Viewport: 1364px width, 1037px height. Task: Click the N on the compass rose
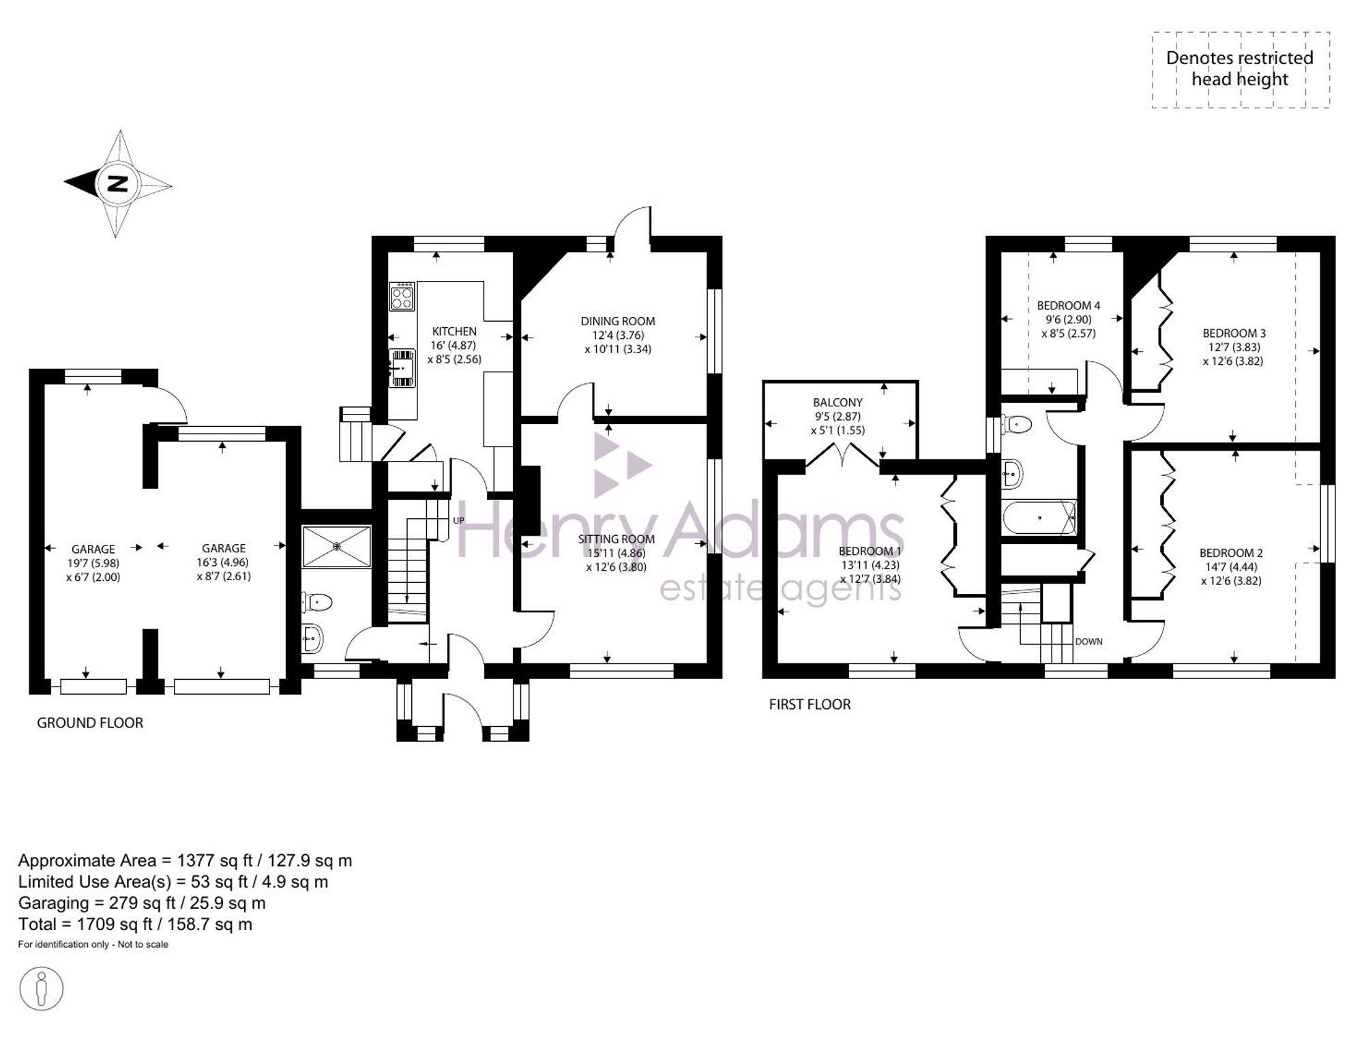pos(118,184)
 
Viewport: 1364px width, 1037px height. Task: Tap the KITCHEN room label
pos(454,331)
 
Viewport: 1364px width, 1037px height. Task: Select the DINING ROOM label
pos(618,321)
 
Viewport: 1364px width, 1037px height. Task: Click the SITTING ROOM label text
pos(616,539)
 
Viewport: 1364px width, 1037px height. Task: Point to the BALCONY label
pos(837,403)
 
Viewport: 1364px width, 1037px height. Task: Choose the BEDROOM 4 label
pos(1069,305)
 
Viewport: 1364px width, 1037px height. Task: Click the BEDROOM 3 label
pos(1234,333)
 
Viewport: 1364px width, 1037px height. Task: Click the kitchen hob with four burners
pos(402,296)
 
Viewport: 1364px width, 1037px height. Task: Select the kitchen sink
pos(402,368)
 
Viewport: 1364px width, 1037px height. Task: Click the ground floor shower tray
pos(336,546)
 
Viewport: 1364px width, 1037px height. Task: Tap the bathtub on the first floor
pos(1039,517)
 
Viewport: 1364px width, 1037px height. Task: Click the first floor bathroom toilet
pos(1016,425)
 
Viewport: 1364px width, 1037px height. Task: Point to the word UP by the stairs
pos(458,521)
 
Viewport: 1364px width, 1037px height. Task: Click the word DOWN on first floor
pos(1088,642)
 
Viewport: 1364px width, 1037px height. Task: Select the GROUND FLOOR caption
pos(90,723)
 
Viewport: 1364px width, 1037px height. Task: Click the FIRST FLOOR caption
pos(810,704)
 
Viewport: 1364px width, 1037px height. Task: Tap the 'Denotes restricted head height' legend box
pos(1241,70)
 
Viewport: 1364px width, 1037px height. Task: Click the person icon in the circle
pos(42,988)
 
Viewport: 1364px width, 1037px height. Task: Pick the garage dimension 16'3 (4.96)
pos(224,562)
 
